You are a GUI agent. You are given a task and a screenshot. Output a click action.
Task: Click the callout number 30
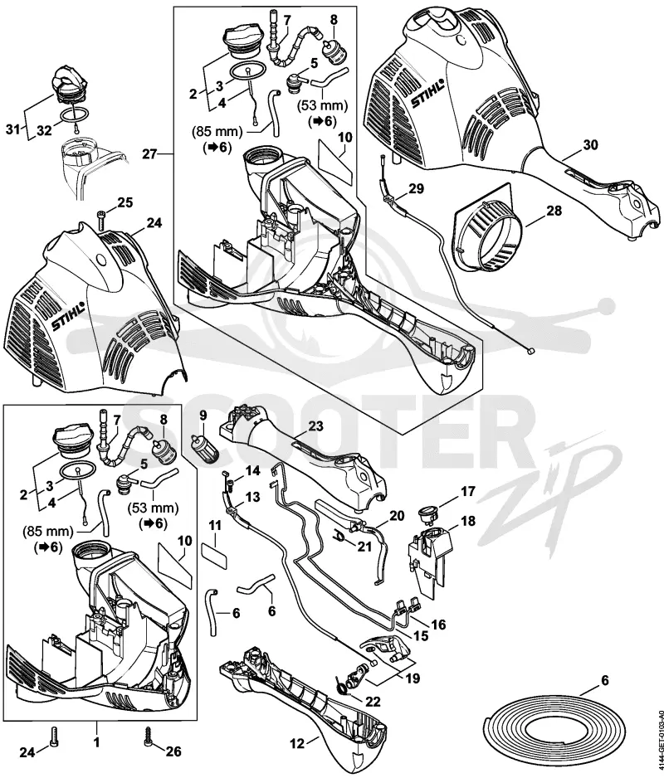click(590, 145)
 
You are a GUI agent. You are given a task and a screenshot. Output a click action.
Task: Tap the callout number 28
click(554, 211)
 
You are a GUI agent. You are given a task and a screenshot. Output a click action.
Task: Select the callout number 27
click(150, 153)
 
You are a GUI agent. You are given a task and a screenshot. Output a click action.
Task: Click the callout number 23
click(315, 426)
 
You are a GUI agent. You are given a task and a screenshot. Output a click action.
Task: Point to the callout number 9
click(203, 415)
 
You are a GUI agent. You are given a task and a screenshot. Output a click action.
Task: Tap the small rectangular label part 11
click(214, 555)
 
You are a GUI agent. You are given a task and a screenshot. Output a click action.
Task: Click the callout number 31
click(14, 129)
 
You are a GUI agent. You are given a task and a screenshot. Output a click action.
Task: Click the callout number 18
click(468, 521)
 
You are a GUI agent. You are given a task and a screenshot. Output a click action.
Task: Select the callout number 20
click(397, 516)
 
